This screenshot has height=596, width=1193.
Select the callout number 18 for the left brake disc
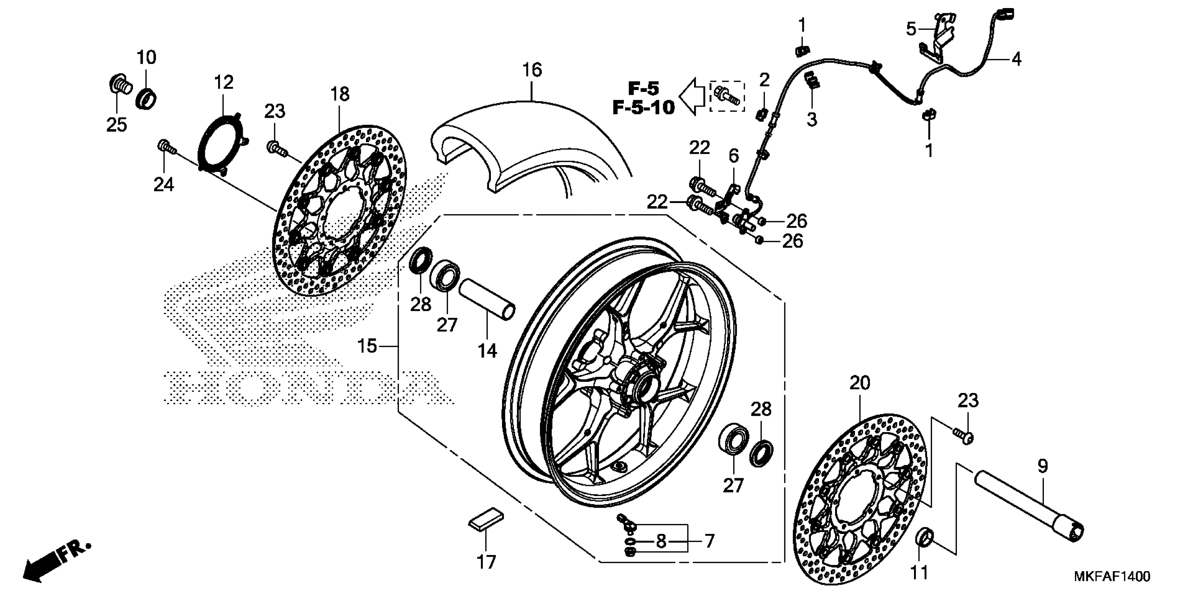click(340, 94)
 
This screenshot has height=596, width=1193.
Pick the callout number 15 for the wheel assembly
click(367, 346)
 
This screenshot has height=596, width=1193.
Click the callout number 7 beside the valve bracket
click(709, 541)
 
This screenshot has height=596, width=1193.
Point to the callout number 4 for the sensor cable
click(1016, 59)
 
